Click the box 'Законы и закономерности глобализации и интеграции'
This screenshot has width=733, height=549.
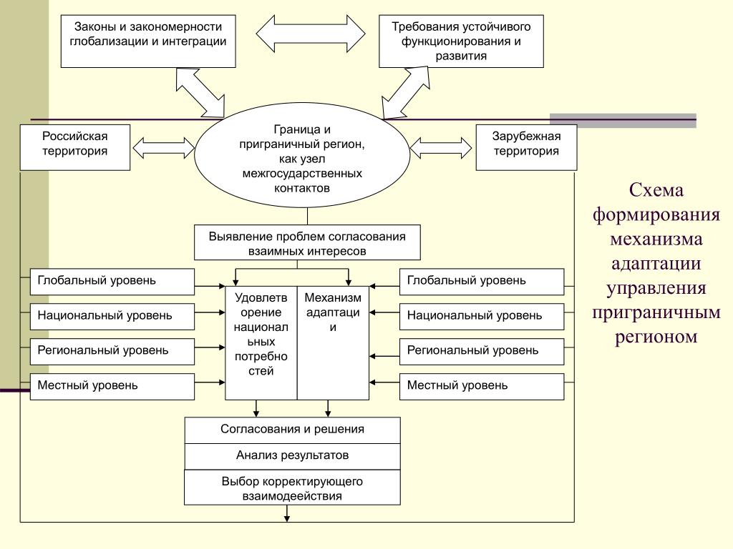tap(148, 41)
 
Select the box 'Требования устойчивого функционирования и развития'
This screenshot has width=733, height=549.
tap(461, 41)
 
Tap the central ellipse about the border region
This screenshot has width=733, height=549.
tap(302, 155)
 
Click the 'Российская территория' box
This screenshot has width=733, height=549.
tap(74, 147)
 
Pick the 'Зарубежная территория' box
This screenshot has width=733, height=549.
tap(526, 147)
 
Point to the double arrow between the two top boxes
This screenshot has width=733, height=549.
tap(311, 33)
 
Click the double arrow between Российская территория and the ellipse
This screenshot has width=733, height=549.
tap(164, 148)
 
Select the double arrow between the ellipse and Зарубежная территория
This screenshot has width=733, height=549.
tap(441, 148)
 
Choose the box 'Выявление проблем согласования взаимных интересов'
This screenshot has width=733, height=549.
tap(307, 243)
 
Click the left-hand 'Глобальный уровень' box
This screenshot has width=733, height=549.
tap(112, 282)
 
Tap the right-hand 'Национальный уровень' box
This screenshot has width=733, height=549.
tap(482, 317)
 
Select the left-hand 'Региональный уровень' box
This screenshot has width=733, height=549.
tap(112, 352)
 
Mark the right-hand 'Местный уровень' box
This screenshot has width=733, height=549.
tap(482, 387)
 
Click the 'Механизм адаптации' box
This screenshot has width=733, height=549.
tap(333, 343)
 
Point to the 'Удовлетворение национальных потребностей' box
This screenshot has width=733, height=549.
tap(261, 343)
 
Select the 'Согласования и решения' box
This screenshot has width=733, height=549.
tap(293, 430)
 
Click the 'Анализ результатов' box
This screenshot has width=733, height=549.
tap(293, 456)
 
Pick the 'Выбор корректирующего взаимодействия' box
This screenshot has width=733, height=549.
tap(292, 488)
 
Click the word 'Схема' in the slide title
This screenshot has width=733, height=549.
tap(656, 190)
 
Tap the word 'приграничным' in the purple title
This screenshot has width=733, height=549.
tap(656, 312)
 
